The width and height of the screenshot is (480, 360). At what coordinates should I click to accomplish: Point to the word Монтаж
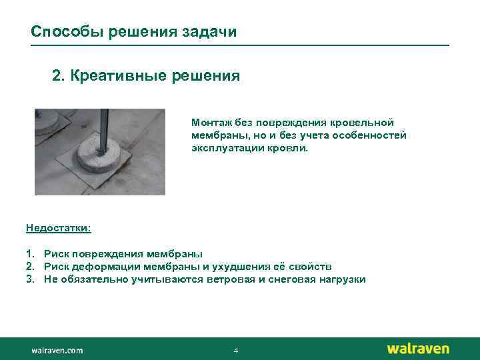coord(209,123)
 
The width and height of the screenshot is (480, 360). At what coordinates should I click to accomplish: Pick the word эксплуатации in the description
coord(221,147)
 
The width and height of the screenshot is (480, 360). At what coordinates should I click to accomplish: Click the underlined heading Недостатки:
coord(59,228)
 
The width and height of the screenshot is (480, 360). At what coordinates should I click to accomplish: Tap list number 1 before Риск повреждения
coord(30,254)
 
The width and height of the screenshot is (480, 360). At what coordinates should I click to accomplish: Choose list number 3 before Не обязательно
coord(30,279)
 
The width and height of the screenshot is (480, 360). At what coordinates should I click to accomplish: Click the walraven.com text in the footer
coord(57,350)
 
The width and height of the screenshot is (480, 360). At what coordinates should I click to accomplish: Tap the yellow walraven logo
coord(418,349)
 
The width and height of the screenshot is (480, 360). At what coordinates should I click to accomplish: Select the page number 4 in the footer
coord(236,351)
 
